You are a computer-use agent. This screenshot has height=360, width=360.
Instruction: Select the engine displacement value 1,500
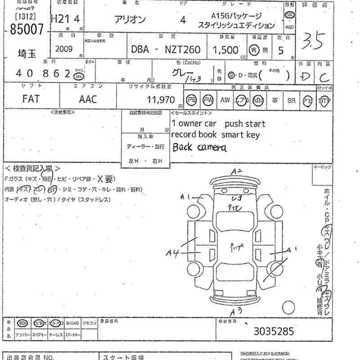225,49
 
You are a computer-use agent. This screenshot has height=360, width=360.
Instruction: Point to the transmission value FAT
31,99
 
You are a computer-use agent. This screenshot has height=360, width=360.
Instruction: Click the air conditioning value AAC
88,99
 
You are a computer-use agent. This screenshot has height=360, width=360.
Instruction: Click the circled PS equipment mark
192,100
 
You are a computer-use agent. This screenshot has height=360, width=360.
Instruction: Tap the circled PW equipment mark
208,100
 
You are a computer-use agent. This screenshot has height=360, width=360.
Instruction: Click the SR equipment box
291,100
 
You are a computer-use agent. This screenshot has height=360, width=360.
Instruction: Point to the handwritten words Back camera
199,147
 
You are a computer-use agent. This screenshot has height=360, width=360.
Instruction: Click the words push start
245,124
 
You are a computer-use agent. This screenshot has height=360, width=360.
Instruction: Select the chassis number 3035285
274,332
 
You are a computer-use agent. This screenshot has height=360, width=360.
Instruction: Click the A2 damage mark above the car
237,171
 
